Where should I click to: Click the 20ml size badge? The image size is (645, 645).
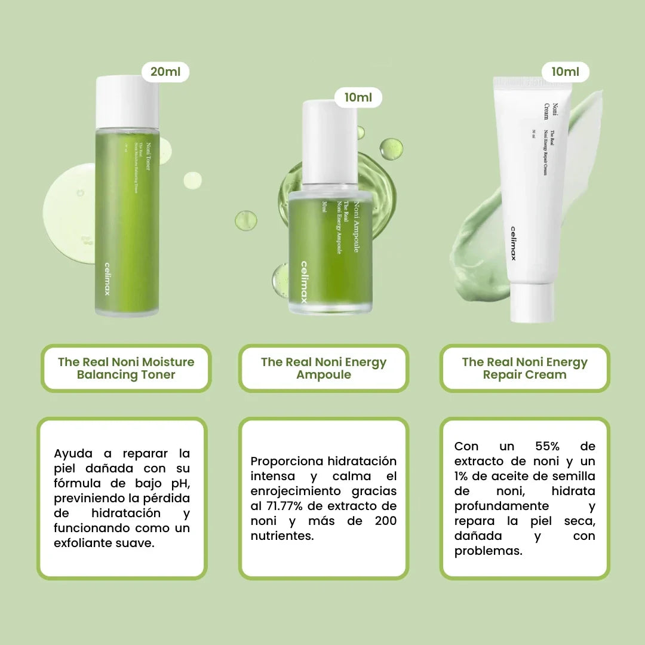pyautogui.click(x=165, y=72)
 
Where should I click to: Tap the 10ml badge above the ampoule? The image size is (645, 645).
pyautogui.click(x=358, y=97)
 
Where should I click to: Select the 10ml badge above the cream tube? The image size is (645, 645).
pyautogui.click(x=565, y=72)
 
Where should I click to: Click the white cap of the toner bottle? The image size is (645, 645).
pyautogui.click(x=127, y=101)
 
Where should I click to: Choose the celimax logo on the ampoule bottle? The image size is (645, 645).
pyautogui.click(x=304, y=282)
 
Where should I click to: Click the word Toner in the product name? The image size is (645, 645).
pyautogui.click(x=156, y=375)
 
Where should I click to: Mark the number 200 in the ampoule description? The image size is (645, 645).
pyautogui.click(x=385, y=521)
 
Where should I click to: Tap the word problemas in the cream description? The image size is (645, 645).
pyautogui.click(x=488, y=551)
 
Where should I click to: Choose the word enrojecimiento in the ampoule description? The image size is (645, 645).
pyautogui.click(x=292, y=492)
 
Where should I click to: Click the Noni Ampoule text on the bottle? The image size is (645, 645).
pyautogui.click(x=357, y=227)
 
